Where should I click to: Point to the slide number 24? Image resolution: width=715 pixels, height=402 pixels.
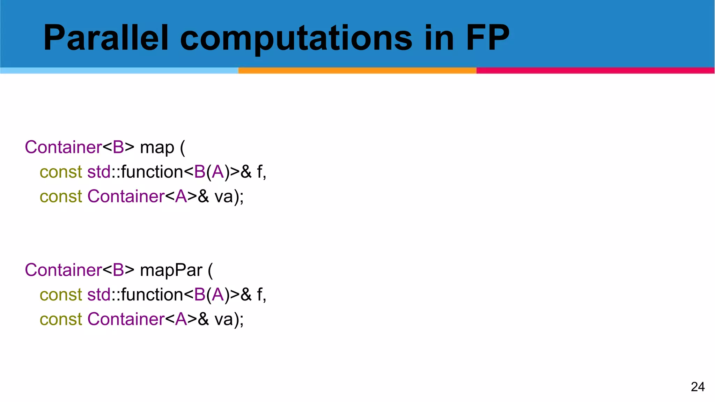coord(698,387)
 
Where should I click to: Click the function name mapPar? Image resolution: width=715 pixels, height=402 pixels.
coord(171,270)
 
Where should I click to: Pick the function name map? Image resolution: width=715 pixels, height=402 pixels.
coord(157,148)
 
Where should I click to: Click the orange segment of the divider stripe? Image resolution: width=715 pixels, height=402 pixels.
coord(357,70)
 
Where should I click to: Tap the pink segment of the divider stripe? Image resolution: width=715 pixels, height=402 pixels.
coord(595,70)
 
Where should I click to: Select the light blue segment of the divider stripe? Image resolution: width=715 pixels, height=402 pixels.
coord(119,70)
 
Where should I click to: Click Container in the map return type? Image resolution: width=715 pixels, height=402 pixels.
coord(63,147)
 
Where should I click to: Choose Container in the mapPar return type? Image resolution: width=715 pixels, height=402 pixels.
coord(63,270)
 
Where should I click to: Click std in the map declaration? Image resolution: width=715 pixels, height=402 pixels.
coord(99,172)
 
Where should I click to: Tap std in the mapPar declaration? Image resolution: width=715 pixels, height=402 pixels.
coord(99,295)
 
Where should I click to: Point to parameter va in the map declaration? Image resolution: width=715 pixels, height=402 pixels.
coord(223,196)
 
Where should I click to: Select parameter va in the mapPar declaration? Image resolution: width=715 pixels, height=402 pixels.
coord(223,319)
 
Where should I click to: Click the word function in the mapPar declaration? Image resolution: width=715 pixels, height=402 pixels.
coord(152,295)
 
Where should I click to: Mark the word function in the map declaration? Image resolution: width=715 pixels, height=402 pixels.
coord(152,172)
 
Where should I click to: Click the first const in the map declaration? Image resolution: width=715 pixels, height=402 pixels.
coord(61,172)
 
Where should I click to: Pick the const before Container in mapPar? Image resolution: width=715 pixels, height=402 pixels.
coord(61,319)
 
